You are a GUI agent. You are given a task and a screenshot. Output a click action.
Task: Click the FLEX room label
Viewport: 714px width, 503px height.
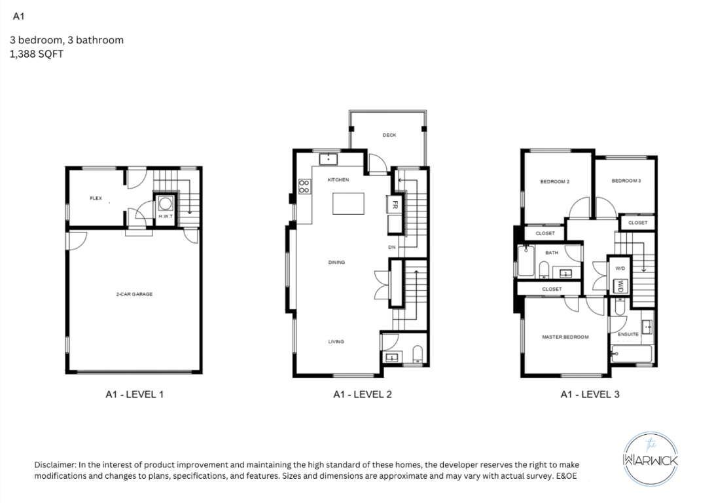pyautogui.click(x=96, y=198)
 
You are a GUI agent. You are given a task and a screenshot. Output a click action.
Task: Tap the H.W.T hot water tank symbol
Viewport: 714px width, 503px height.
pyautogui.click(x=166, y=204)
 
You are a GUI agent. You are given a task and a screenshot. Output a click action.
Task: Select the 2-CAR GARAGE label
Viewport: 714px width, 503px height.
pyautogui.click(x=134, y=294)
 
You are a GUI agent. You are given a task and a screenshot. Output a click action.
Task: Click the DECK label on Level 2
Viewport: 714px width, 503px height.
pyautogui.click(x=389, y=136)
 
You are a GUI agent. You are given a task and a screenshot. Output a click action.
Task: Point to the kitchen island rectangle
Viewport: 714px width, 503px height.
pyautogui.click(x=348, y=203)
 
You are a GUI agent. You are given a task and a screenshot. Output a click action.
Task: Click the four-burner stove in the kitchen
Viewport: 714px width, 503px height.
pyautogui.click(x=304, y=187)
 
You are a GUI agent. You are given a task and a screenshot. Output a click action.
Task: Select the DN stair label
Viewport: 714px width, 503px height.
pyautogui.click(x=391, y=248)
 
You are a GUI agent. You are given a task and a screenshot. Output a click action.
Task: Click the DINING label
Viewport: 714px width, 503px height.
pyautogui.click(x=336, y=263)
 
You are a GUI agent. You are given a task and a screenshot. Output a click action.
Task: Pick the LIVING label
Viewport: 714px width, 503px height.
pyautogui.click(x=336, y=342)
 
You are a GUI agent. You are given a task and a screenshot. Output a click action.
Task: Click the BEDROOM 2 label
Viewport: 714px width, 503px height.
pyautogui.click(x=554, y=182)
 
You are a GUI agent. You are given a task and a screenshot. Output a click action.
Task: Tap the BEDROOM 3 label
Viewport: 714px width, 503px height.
pyautogui.click(x=626, y=181)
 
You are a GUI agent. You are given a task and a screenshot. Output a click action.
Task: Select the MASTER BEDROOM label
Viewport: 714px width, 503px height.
pyautogui.click(x=565, y=337)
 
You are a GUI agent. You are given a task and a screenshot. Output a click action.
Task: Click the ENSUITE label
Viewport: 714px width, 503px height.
pyautogui.click(x=628, y=335)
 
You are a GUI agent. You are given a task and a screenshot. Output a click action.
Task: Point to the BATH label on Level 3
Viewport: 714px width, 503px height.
pyautogui.click(x=552, y=253)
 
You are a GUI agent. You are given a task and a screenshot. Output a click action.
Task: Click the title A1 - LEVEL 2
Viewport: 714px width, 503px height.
pyautogui.click(x=363, y=394)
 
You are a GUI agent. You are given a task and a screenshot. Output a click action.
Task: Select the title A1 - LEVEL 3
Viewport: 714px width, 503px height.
pyautogui.click(x=590, y=394)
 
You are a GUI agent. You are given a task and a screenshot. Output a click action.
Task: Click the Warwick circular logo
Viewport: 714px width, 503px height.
pyautogui.click(x=651, y=459)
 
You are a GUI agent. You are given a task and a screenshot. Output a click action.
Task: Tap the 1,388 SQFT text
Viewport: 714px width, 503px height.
pyautogui.click(x=37, y=54)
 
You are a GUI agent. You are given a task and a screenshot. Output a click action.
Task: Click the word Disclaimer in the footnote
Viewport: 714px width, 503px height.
pyautogui.click(x=55, y=465)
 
